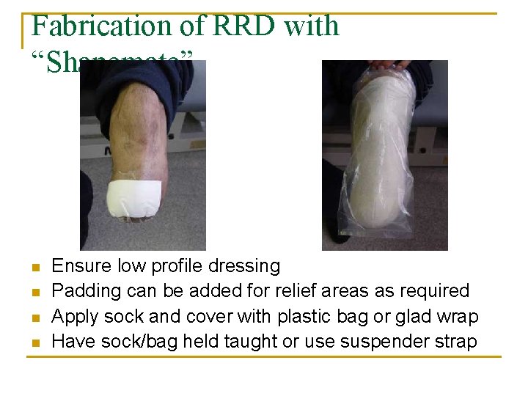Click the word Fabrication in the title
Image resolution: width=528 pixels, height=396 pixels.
point(100,26)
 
